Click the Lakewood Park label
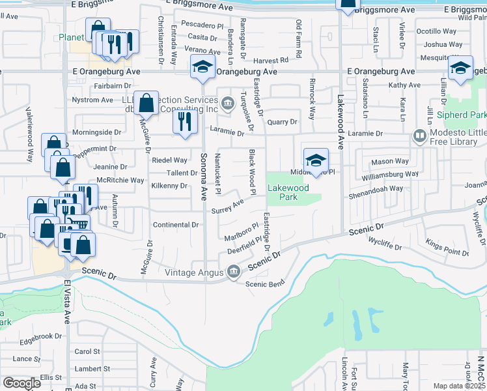(287, 192)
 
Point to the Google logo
(21, 383)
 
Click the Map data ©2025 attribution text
(459, 386)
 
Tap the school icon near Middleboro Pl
(316, 160)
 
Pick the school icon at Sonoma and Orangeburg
(202, 66)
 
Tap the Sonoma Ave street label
(203, 176)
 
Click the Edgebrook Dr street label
(40, 338)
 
